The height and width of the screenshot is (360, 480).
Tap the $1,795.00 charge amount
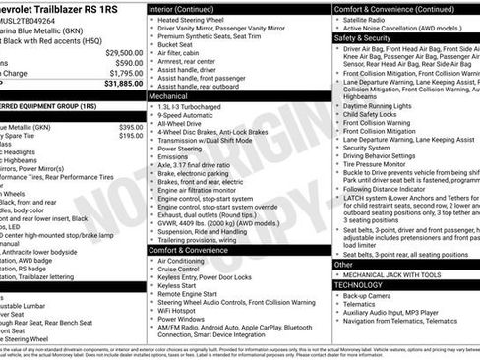[x=125, y=73]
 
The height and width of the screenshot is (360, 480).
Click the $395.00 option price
[x=130, y=127]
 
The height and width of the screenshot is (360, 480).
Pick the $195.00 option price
[x=130, y=137]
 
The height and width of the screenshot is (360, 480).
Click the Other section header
[x=343, y=265]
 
